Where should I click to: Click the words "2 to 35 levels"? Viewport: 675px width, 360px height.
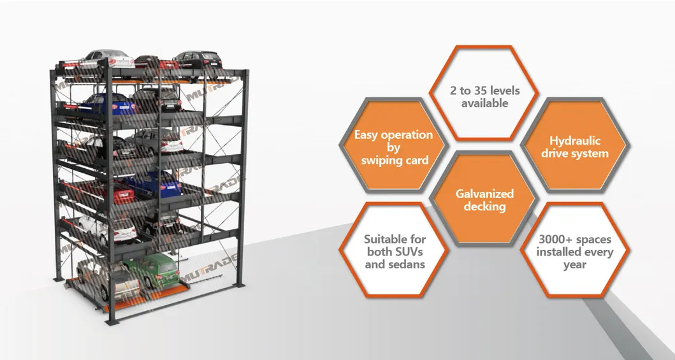485,90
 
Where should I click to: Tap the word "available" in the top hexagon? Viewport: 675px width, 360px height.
485,103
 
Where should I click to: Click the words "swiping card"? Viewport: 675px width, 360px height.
395,161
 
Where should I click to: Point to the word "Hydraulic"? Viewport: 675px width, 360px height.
576,141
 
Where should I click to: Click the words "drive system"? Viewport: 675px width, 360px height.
576,154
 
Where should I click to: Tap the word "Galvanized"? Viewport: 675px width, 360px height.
485,194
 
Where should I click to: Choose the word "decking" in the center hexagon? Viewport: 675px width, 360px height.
485,206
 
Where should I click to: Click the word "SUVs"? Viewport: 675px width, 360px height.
413,252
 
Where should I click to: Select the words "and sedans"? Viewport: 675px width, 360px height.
395,264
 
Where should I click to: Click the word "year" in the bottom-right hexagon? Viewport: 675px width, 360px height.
575,264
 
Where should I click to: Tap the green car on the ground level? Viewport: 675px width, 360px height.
149,271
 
